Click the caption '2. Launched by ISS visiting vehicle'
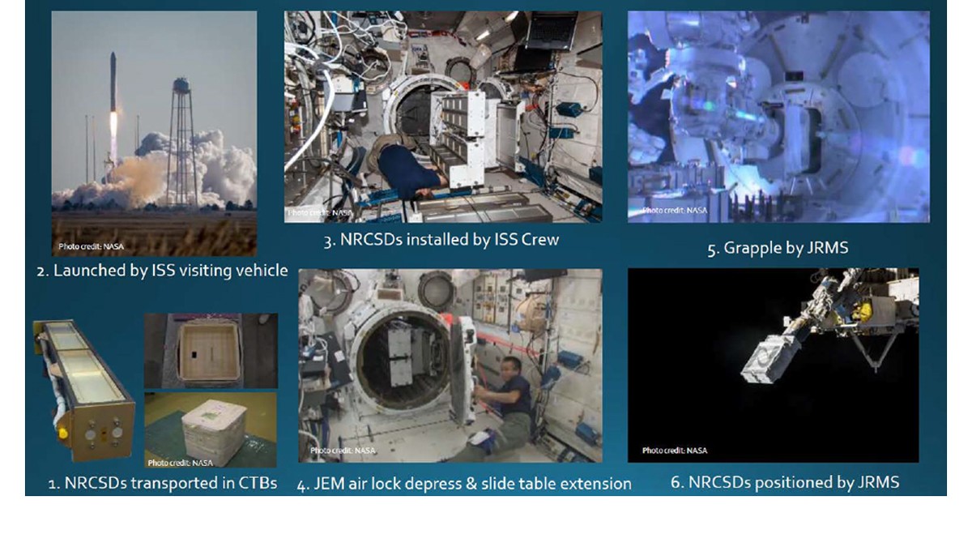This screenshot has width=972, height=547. pyautogui.click(x=162, y=270)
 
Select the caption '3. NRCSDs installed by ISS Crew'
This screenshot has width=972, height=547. pyautogui.click(x=441, y=240)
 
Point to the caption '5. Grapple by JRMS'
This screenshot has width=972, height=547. pyautogui.click(x=778, y=248)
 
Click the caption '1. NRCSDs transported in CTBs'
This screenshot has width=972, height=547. pyautogui.click(x=162, y=483)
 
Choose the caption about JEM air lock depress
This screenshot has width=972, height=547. pyautogui.click(x=464, y=484)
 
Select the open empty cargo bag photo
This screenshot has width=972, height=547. pyautogui.click(x=210, y=351)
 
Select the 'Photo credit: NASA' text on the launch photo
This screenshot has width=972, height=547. pyautogui.click(x=91, y=246)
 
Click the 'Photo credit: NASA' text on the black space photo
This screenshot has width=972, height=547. pyautogui.click(x=675, y=451)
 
